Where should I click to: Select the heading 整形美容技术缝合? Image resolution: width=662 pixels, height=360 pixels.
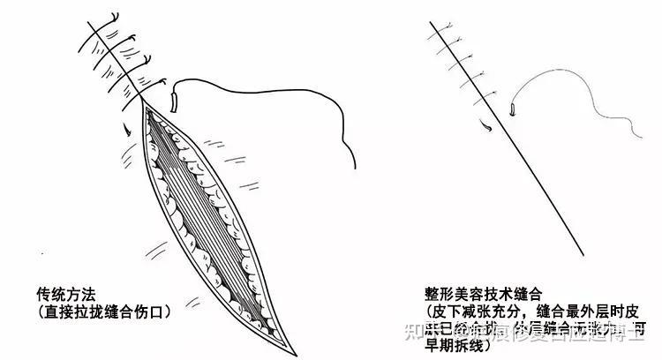click(482, 290)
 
